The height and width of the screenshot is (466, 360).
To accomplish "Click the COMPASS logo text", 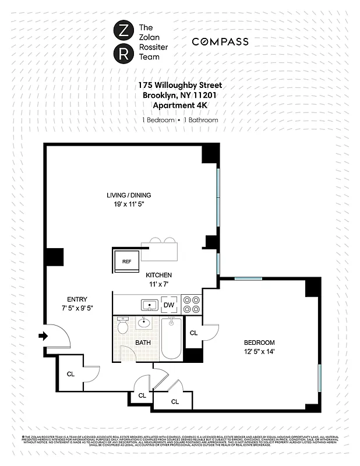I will tap(220, 42).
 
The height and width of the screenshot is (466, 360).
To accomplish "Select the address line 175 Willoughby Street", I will tap(180, 85).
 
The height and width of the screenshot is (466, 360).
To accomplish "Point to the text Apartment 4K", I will tap(180, 105).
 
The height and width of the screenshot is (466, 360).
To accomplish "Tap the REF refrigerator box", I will tap(126, 262).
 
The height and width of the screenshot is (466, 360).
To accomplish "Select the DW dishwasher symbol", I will tap(168, 305).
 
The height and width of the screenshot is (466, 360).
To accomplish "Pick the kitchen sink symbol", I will tap(149, 305).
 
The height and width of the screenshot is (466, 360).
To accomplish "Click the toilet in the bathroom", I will tap(122, 326).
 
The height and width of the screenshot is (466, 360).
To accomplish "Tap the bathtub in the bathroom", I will tap(171, 338).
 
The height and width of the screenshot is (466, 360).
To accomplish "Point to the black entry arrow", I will tap(44, 336).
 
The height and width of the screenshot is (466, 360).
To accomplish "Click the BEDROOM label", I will tap(259, 343).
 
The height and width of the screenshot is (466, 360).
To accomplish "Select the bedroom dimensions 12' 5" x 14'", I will tap(259, 352).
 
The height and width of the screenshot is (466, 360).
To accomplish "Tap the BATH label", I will tap(143, 343).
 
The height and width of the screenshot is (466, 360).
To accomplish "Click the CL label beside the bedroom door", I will tap(194, 333).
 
